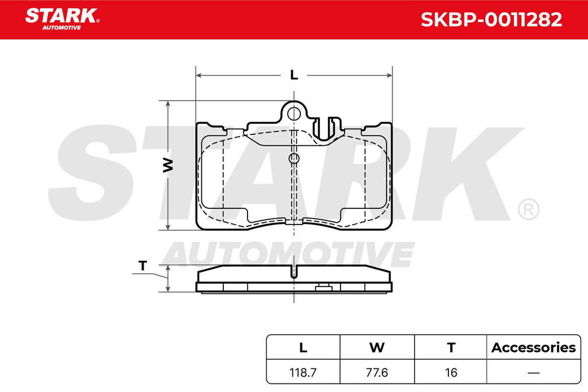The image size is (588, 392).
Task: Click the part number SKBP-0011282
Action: point(492,20)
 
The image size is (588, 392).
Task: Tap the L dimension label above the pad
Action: point(294,75)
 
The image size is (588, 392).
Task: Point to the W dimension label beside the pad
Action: point(168,165)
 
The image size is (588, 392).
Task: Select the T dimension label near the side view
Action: point(142,266)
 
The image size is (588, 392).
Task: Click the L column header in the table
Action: point(303,347)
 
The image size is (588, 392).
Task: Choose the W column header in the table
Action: point(377,347)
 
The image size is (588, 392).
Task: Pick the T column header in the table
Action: point(451,347)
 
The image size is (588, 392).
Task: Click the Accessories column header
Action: point(533,347)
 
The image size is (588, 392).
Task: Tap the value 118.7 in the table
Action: point(303,372)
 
